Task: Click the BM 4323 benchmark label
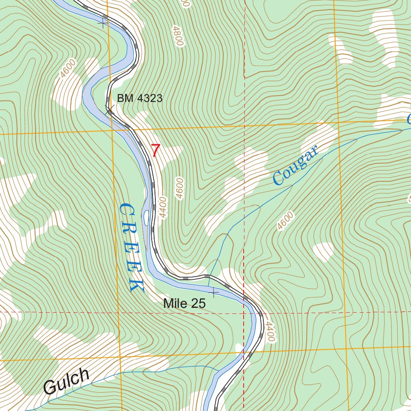click(x=139, y=98)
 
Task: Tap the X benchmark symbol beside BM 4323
click(x=109, y=109)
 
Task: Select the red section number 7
click(x=155, y=151)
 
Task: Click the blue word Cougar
click(x=295, y=165)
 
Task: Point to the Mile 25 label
click(x=184, y=304)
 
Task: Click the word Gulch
click(x=66, y=382)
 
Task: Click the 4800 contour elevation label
click(x=177, y=36)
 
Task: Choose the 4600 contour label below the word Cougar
click(x=285, y=221)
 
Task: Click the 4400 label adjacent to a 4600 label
click(x=162, y=207)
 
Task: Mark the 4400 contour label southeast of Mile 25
click(x=270, y=332)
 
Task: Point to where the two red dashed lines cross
click(x=244, y=312)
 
